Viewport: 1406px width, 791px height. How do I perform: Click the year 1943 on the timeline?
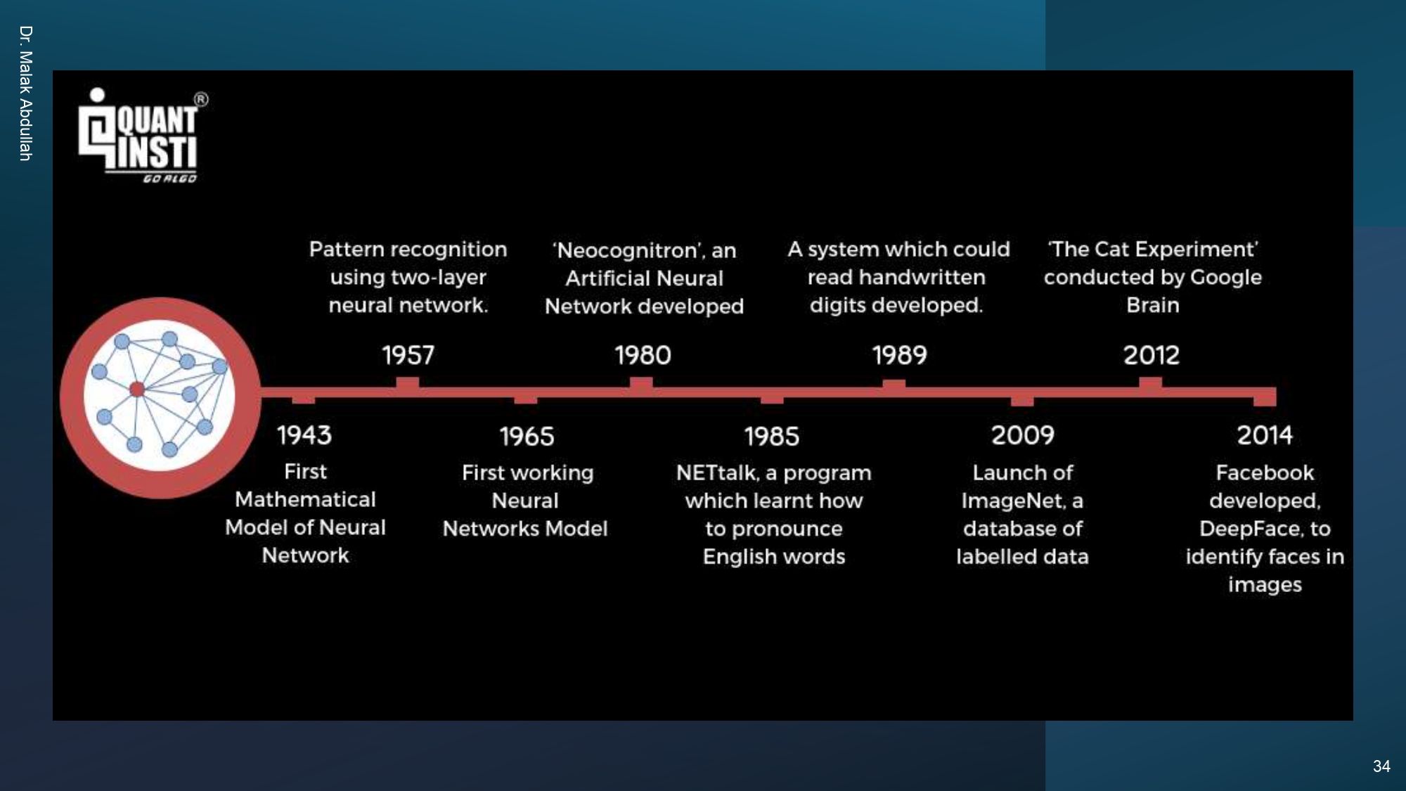point(304,435)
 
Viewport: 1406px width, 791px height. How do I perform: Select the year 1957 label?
point(408,355)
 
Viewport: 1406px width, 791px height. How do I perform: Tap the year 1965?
point(527,437)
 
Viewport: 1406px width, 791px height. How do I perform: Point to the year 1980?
point(643,355)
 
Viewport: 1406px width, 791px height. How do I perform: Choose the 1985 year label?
point(772,437)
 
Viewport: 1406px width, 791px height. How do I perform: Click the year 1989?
point(899,355)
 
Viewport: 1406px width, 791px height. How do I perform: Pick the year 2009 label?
point(1022,435)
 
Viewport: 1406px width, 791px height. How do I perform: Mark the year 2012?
point(1151,355)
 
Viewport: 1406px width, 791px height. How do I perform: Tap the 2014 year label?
point(1265,435)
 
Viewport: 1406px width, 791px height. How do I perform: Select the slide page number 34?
point(1381,766)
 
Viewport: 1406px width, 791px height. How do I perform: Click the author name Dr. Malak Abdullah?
point(26,94)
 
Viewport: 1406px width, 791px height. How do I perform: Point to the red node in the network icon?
point(137,389)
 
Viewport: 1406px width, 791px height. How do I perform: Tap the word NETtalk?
point(717,472)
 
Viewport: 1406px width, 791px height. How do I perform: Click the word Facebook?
point(1265,472)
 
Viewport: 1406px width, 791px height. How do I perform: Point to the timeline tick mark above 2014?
point(1265,398)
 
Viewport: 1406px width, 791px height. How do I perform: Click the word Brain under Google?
point(1152,305)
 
